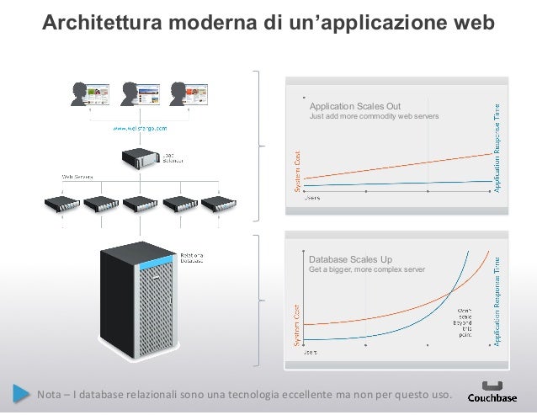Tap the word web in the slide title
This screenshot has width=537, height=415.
click(471, 24)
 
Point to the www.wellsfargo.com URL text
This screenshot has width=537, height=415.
click(141, 129)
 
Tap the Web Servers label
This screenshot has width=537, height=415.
click(76, 176)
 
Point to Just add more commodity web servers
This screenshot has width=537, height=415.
click(374, 116)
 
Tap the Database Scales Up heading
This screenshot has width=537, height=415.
click(351, 260)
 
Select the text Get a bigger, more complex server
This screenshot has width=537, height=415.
click(368, 270)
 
